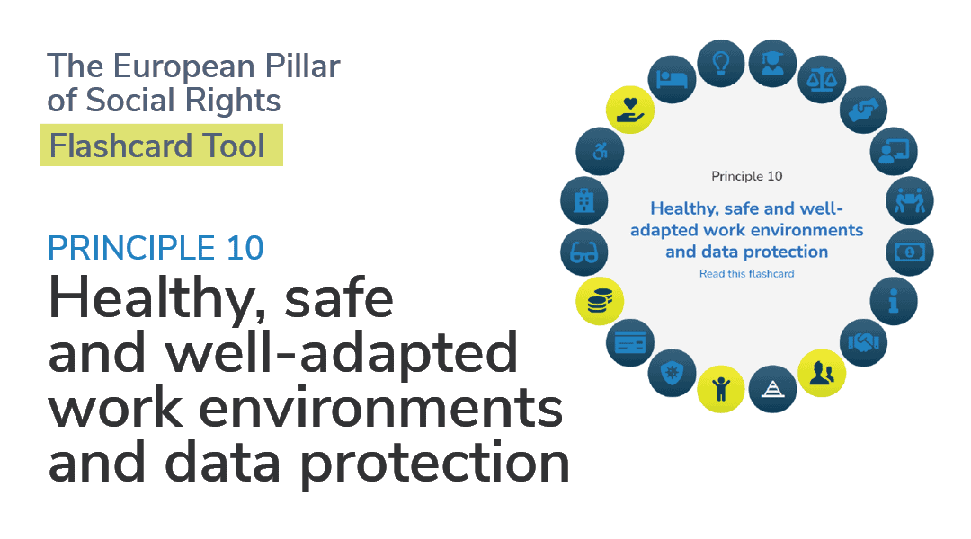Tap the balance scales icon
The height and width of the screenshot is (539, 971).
point(824,78)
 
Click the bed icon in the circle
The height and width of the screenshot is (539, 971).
point(672,79)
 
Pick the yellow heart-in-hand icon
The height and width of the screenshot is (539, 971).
point(629,110)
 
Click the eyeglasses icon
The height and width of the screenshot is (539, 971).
point(584,252)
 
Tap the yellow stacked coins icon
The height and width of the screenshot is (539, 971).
point(600,301)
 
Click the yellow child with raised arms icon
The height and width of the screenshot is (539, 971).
point(721,388)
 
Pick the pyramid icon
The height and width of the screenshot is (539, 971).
point(772,388)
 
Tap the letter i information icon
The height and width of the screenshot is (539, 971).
point(893,302)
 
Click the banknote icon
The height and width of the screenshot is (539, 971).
point(909,252)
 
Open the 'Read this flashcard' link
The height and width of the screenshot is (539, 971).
point(746,273)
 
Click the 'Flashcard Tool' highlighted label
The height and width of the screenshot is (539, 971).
point(160,146)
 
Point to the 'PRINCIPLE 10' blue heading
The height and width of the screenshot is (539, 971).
point(156,247)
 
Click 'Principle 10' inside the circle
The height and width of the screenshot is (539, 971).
point(746,176)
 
